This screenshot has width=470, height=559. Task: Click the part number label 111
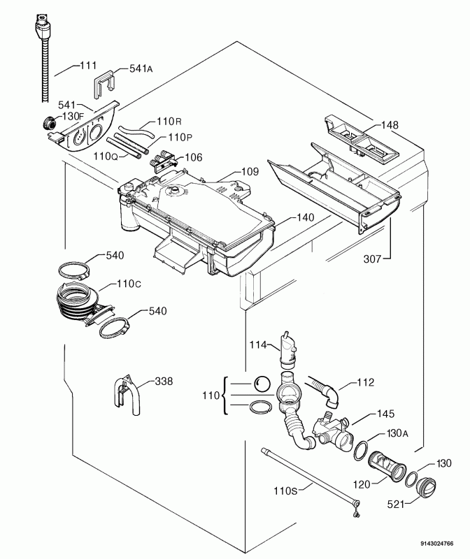(x=88, y=66)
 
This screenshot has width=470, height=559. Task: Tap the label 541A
(x=141, y=68)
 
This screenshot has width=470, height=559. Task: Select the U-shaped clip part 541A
(x=105, y=85)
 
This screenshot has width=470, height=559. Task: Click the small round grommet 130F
(x=48, y=124)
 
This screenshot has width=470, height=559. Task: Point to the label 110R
(x=169, y=122)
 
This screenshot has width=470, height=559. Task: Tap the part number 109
(x=250, y=171)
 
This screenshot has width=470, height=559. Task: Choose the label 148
(x=390, y=125)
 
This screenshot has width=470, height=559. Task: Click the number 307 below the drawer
(x=372, y=259)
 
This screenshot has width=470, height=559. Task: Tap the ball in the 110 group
(x=262, y=384)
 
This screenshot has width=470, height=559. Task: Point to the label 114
(x=258, y=344)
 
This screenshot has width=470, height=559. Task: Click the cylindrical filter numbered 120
(x=387, y=467)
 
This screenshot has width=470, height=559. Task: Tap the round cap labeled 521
(x=425, y=487)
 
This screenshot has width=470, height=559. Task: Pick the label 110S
(x=285, y=491)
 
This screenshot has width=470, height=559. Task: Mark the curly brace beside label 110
(x=225, y=395)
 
